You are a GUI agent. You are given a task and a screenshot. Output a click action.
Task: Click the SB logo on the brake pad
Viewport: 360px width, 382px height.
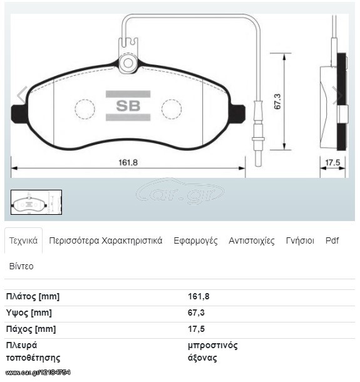tap(128, 106)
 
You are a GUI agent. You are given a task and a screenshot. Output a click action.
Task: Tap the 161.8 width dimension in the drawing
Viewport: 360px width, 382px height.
tap(128, 162)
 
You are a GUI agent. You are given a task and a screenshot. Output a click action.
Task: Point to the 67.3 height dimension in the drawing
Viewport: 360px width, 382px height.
tap(277, 101)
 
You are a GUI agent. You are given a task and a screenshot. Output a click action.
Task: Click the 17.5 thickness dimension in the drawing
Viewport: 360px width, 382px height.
tap(332, 162)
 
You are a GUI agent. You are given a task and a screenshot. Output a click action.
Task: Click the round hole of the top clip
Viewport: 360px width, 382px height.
tap(128, 63)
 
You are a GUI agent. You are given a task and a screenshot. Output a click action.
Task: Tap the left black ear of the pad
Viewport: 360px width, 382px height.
tap(18, 114)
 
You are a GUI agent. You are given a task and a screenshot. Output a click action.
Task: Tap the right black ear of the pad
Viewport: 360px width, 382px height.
tap(237, 114)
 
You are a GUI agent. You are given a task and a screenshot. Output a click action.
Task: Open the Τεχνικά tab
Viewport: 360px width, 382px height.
tap(23, 240)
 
